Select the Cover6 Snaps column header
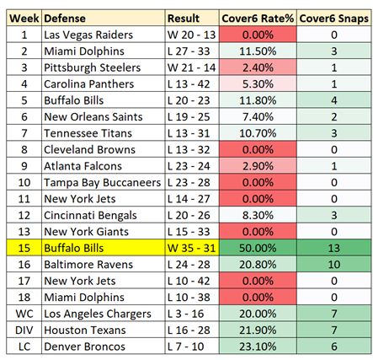(333, 19)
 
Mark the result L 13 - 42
(191, 83)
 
